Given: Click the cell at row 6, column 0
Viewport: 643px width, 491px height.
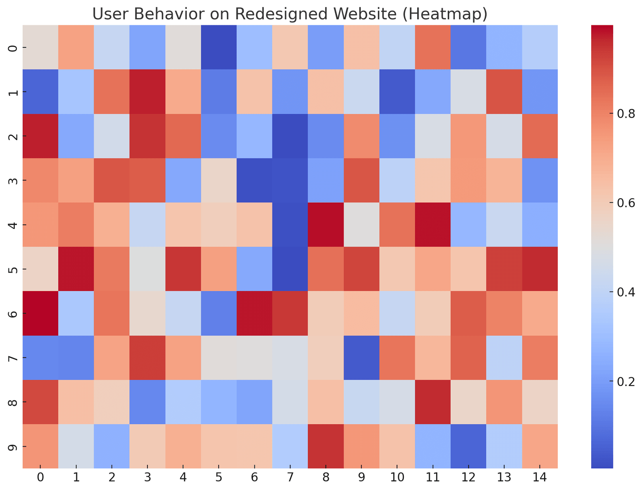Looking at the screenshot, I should coord(40,313).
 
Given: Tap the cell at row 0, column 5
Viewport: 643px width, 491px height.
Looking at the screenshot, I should coord(219,47).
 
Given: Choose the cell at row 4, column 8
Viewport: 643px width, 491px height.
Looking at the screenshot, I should coord(326,225).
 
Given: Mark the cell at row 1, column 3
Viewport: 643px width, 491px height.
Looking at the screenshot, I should coord(147,92).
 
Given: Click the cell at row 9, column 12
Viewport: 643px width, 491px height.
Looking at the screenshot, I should coord(469,446).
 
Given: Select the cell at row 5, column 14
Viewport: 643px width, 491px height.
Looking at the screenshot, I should coord(540,269).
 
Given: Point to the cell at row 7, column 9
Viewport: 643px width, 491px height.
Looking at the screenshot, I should coord(361,357).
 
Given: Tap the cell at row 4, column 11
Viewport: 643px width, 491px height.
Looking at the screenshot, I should coord(433,225).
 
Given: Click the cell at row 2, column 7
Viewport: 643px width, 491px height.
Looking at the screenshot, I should coord(290,136).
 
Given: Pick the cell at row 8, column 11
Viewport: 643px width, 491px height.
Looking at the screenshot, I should coord(433,402).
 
